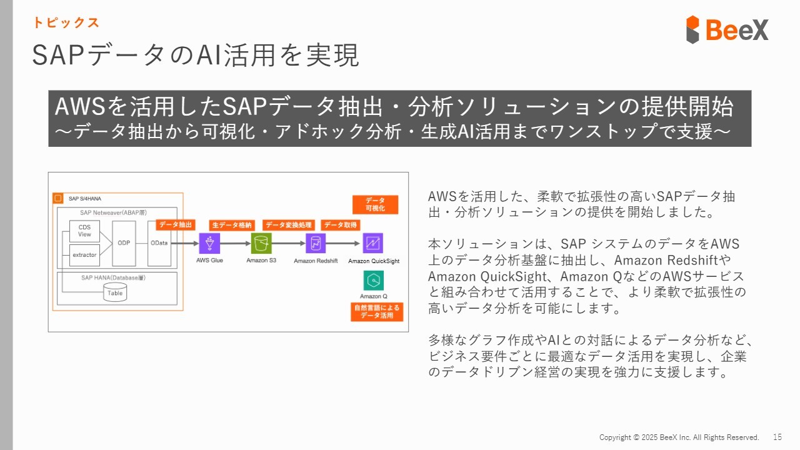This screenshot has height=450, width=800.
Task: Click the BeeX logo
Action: (x=727, y=29)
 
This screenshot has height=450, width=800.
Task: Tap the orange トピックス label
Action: (x=66, y=23)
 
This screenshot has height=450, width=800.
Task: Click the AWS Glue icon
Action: (x=209, y=243)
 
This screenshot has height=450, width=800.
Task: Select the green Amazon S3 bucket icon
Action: (x=261, y=243)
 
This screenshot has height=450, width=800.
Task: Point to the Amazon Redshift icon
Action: (x=316, y=243)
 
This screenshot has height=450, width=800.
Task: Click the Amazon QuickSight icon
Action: (x=373, y=243)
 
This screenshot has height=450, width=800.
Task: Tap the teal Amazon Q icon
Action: (x=373, y=281)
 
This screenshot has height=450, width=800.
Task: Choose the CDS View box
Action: (x=84, y=231)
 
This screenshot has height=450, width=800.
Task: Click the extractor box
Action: (x=84, y=255)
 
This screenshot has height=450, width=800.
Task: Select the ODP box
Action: (x=124, y=243)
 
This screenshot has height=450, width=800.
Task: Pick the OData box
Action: (x=159, y=243)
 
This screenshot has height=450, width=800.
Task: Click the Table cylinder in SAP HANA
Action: (x=115, y=292)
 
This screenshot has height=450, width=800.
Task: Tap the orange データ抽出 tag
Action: (x=176, y=224)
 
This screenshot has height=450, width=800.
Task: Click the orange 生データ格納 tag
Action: (x=232, y=224)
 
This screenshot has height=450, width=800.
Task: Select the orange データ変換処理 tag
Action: (x=288, y=224)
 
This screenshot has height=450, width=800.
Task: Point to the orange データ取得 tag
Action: (x=341, y=224)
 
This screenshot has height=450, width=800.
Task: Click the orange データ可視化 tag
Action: (x=374, y=204)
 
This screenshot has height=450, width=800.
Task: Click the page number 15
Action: (x=777, y=437)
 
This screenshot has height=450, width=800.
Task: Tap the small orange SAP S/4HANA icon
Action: (x=58, y=199)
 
